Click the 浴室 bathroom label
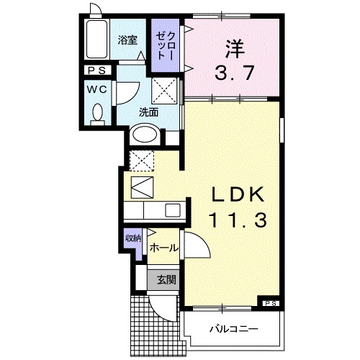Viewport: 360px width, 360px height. pyautogui.click(x=128, y=41)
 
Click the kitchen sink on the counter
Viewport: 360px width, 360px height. pyautogui.click(x=173, y=210)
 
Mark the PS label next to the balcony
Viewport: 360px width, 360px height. pyautogui.click(x=269, y=303)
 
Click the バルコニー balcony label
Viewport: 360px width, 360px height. pyautogui.click(x=234, y=329)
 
